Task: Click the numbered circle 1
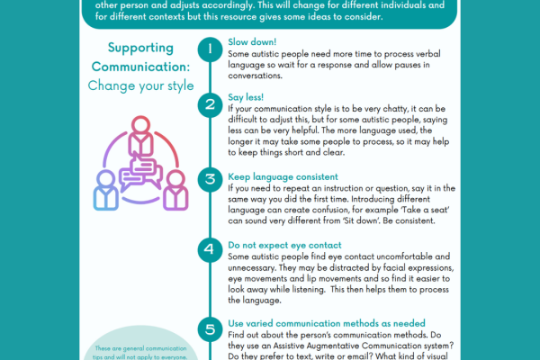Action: click(x=210, y=49)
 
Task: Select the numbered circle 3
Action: click(x=210, y=178)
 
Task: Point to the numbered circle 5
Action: click(x=210, y=328)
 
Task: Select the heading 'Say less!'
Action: click(x=248, y=97)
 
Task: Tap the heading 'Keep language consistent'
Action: click(x=283, y=177)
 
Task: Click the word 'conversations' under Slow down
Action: click(x=259, y=76)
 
